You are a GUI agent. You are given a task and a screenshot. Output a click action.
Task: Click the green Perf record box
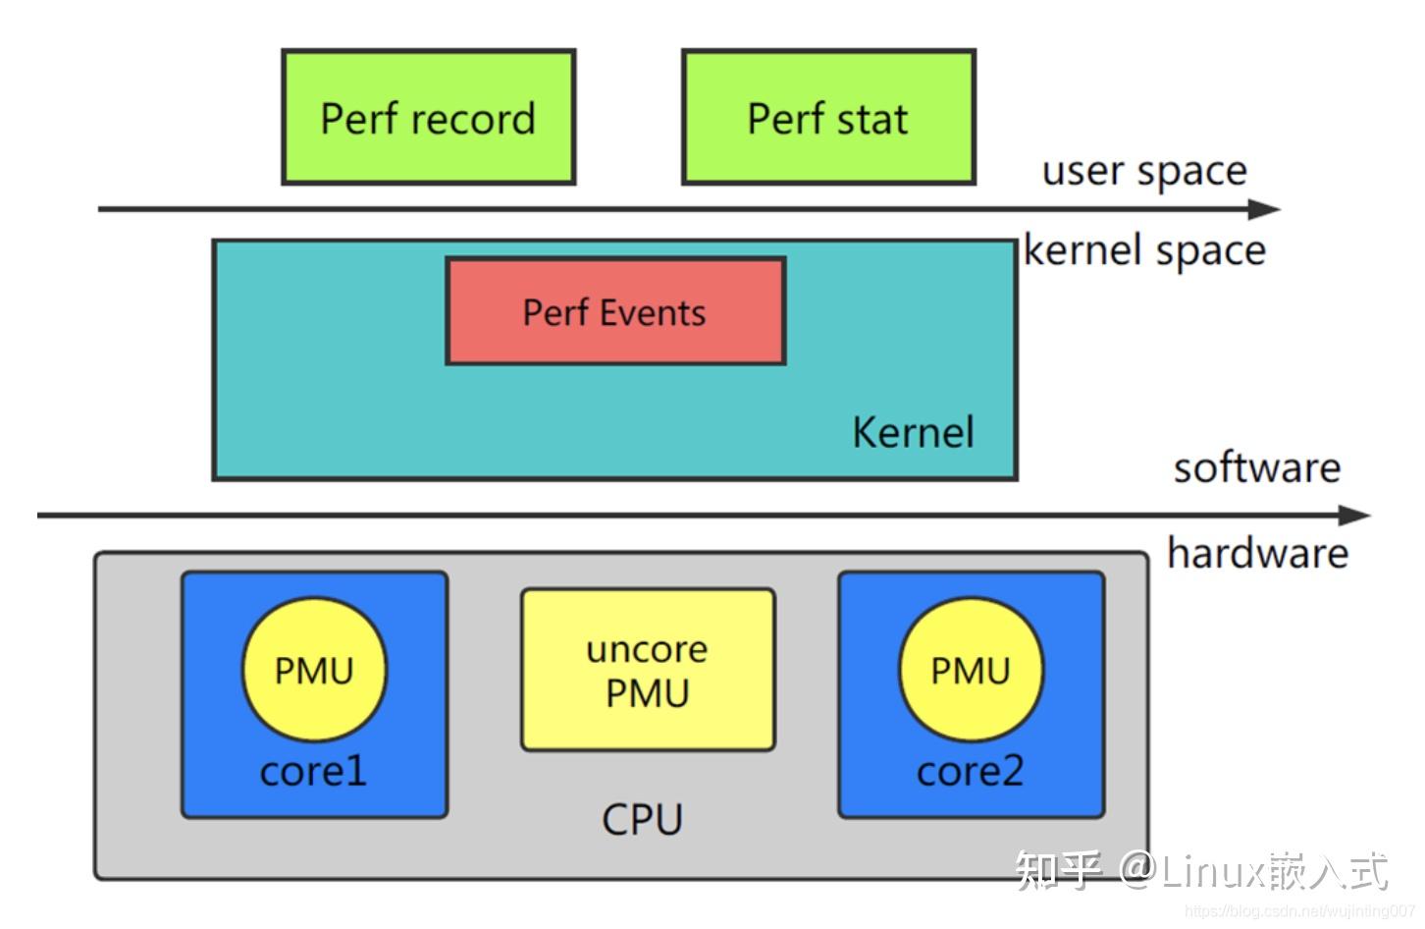(429, 117)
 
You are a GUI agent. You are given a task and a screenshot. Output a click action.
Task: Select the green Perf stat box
(829, 117)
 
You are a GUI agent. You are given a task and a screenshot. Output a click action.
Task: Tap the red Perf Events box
(615, 311)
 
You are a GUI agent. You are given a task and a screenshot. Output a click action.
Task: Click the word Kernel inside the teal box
(913, 433)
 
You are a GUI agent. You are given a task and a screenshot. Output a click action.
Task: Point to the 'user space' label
(1144, 171)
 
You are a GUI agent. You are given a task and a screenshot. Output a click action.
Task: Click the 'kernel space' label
(1145, 250)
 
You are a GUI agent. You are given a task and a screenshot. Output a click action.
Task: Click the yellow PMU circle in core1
(314, 670)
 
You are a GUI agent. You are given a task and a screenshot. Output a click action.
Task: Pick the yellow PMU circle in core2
(971, 670)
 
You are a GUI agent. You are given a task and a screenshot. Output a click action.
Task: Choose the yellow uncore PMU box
(649, 670)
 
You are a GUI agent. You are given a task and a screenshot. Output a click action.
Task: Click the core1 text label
(313, 771)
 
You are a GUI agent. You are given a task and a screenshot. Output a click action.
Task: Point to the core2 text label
(971, 771)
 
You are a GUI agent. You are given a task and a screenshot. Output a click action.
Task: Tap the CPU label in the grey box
(643, 819)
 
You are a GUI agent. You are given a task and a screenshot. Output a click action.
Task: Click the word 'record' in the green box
(473, 119)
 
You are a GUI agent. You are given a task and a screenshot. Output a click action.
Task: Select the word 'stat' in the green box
(872, 119)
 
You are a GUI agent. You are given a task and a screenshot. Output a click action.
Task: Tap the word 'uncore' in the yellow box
(647, 650)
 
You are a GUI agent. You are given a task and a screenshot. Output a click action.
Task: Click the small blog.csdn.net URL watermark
(1299, 910)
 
